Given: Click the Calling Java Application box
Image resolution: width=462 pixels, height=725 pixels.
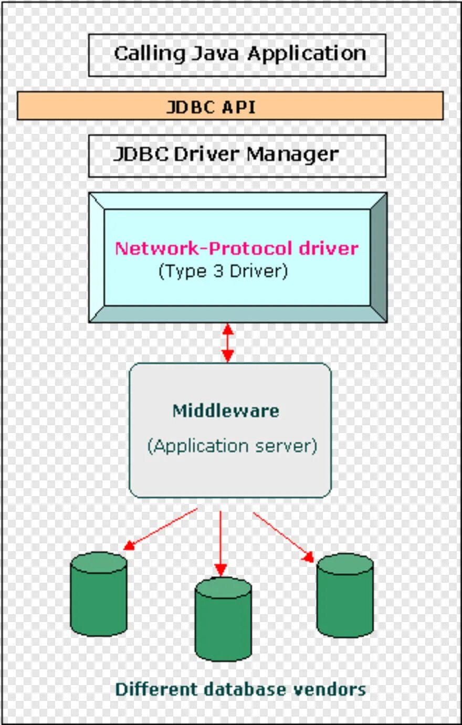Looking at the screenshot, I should click(237, 55).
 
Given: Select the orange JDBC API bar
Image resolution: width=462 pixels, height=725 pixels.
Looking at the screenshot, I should click(230, 106).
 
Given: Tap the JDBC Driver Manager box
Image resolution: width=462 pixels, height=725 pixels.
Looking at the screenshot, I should click(237, 155).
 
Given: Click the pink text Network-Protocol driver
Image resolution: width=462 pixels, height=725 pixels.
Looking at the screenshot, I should click(236, 248).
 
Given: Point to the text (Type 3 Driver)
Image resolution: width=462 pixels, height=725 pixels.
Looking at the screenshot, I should click(223, 271).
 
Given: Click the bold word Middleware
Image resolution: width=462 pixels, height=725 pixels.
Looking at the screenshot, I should click(226, 411).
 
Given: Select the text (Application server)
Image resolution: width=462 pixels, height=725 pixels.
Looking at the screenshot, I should click(232, 446).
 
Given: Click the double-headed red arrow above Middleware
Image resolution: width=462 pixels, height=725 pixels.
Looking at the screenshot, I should click(227, 342).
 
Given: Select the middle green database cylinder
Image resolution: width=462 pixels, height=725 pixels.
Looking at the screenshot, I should click(223, 619).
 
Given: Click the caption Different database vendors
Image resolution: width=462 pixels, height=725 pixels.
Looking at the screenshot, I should click(240, 689).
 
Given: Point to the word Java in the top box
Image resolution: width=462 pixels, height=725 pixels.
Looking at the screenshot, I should click(216, 54).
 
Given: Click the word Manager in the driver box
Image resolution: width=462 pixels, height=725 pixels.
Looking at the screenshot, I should click(292, 154).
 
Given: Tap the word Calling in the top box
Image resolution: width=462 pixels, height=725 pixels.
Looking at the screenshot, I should click(150, 54).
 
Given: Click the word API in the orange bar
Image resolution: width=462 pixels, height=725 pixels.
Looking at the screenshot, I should click(238, 107).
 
